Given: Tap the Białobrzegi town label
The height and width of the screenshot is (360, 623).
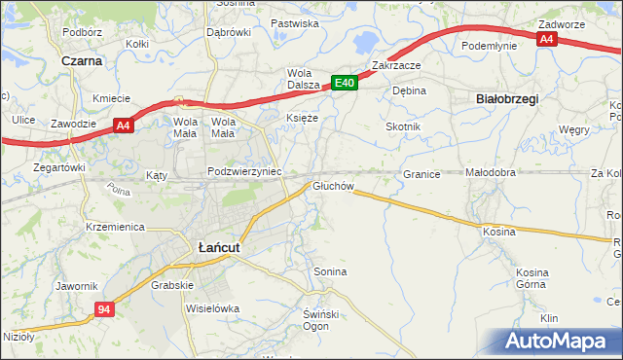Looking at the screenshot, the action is point(506,98).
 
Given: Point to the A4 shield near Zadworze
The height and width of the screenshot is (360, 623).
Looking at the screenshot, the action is point(547,39).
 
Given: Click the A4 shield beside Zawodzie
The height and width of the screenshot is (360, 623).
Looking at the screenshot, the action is point(122,125).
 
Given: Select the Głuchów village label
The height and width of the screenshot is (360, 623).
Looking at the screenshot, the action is point(332,186).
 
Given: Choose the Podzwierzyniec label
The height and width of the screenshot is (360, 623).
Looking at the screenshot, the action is point(244,171).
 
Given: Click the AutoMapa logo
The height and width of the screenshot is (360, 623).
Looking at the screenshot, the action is point(560,342).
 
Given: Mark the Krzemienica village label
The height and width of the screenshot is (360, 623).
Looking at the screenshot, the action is point(115,227).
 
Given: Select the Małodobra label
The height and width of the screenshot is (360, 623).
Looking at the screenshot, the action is point(490,173).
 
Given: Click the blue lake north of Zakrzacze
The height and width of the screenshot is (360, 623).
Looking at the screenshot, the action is point(367,43).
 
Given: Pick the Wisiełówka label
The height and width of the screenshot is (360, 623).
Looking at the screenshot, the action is point(211,308).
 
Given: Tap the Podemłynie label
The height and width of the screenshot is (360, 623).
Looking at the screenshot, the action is point(490,45).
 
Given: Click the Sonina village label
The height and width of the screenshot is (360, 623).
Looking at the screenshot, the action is point(330,271).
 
